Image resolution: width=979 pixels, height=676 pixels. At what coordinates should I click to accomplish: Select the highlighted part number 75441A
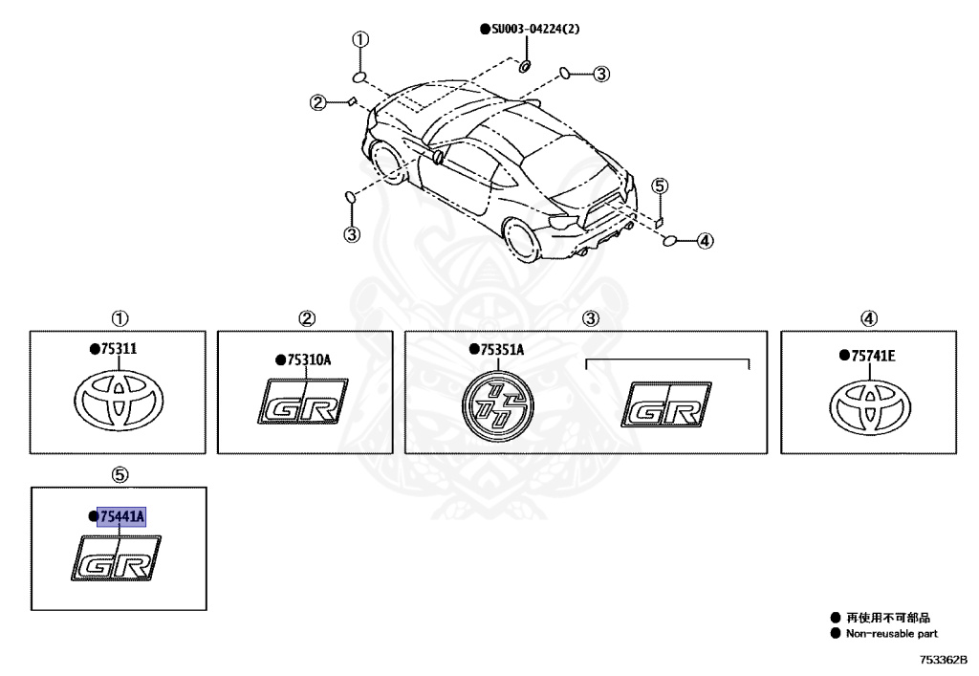click(120, 516)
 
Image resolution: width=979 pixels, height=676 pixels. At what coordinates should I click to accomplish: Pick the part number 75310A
click(308, 360)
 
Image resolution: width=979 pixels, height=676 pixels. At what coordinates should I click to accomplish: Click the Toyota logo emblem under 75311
click(119, 401)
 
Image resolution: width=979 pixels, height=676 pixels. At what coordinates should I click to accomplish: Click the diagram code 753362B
click(944, 660)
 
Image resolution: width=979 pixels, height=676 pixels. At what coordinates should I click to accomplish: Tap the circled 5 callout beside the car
click(661, 185)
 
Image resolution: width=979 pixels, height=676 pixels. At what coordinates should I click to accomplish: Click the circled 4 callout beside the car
click(705, 241)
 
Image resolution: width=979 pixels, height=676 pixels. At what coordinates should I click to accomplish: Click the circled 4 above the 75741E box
click(869, 318)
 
